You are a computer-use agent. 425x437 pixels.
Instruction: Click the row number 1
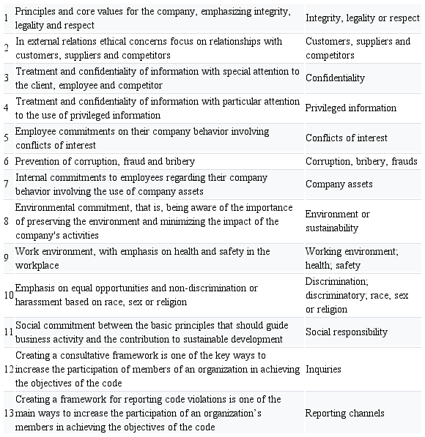(5, 18)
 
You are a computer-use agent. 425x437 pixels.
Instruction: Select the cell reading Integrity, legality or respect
(361, 18)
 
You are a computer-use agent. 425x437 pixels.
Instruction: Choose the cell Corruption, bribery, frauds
(361, 161)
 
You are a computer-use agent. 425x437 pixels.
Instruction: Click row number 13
(8, 413)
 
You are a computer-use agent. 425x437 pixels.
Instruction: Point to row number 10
(8, 295)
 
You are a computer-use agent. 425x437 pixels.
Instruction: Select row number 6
(5, 161)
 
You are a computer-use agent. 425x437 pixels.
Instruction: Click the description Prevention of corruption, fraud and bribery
(105, 161)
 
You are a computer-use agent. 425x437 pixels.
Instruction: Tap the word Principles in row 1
(36, 11)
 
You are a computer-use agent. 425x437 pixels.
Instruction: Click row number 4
(5, 108)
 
